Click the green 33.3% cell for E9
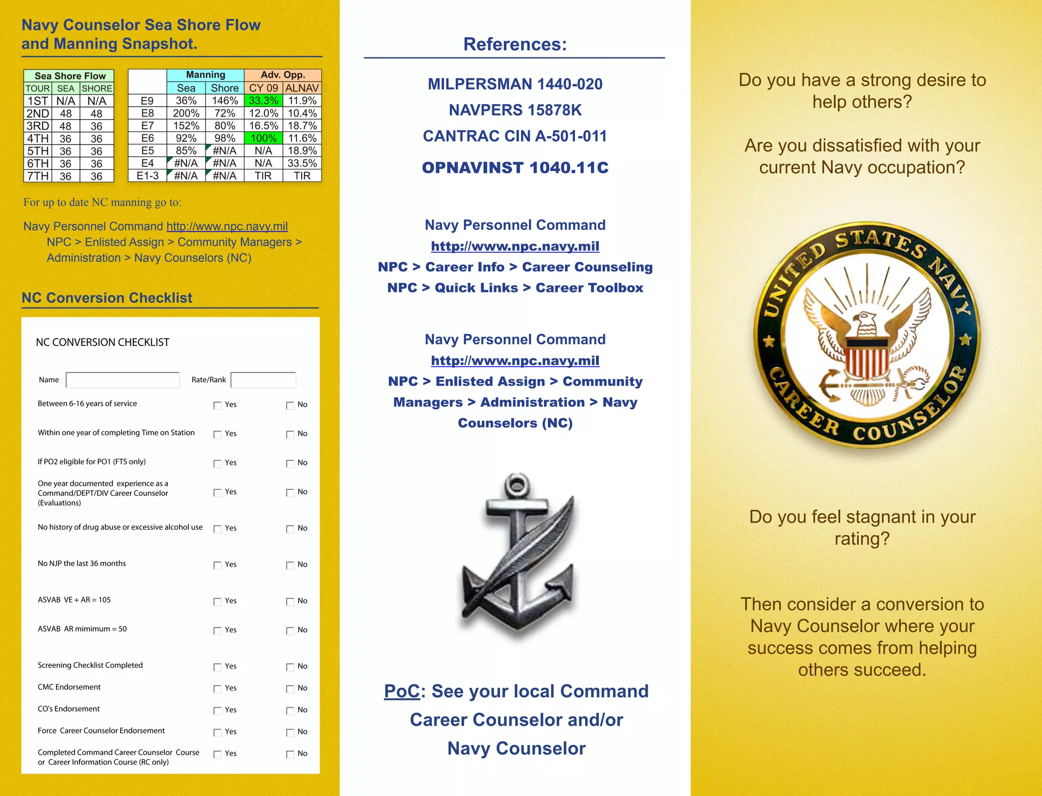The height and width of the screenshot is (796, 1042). coord(263,101)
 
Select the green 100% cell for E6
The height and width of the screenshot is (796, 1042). coord(263,138)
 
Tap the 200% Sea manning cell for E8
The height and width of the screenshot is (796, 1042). coord(186,113)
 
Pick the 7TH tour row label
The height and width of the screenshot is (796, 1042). coord(38,176)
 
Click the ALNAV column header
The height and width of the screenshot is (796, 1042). coord(302,88)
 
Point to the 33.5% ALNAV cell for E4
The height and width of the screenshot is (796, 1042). coord(302,163)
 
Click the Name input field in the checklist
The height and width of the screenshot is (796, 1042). coord(123,380)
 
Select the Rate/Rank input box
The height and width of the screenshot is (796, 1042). coord(263,380)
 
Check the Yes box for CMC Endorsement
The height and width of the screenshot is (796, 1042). coord(217,689)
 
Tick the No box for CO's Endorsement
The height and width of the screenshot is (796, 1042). coord(290,711)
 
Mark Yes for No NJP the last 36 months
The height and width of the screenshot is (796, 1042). coord(217,565)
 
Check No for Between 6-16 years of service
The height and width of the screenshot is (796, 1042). coord(290,405)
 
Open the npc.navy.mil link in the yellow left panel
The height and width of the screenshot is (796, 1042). coord(227,226)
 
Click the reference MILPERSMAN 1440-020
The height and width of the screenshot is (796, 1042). coord(515,84)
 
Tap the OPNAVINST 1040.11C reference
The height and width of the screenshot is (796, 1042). coord(515,168)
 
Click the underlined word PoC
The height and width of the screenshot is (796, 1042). coord(402,691)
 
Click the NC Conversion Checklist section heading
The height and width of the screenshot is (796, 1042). coord(107,298)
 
